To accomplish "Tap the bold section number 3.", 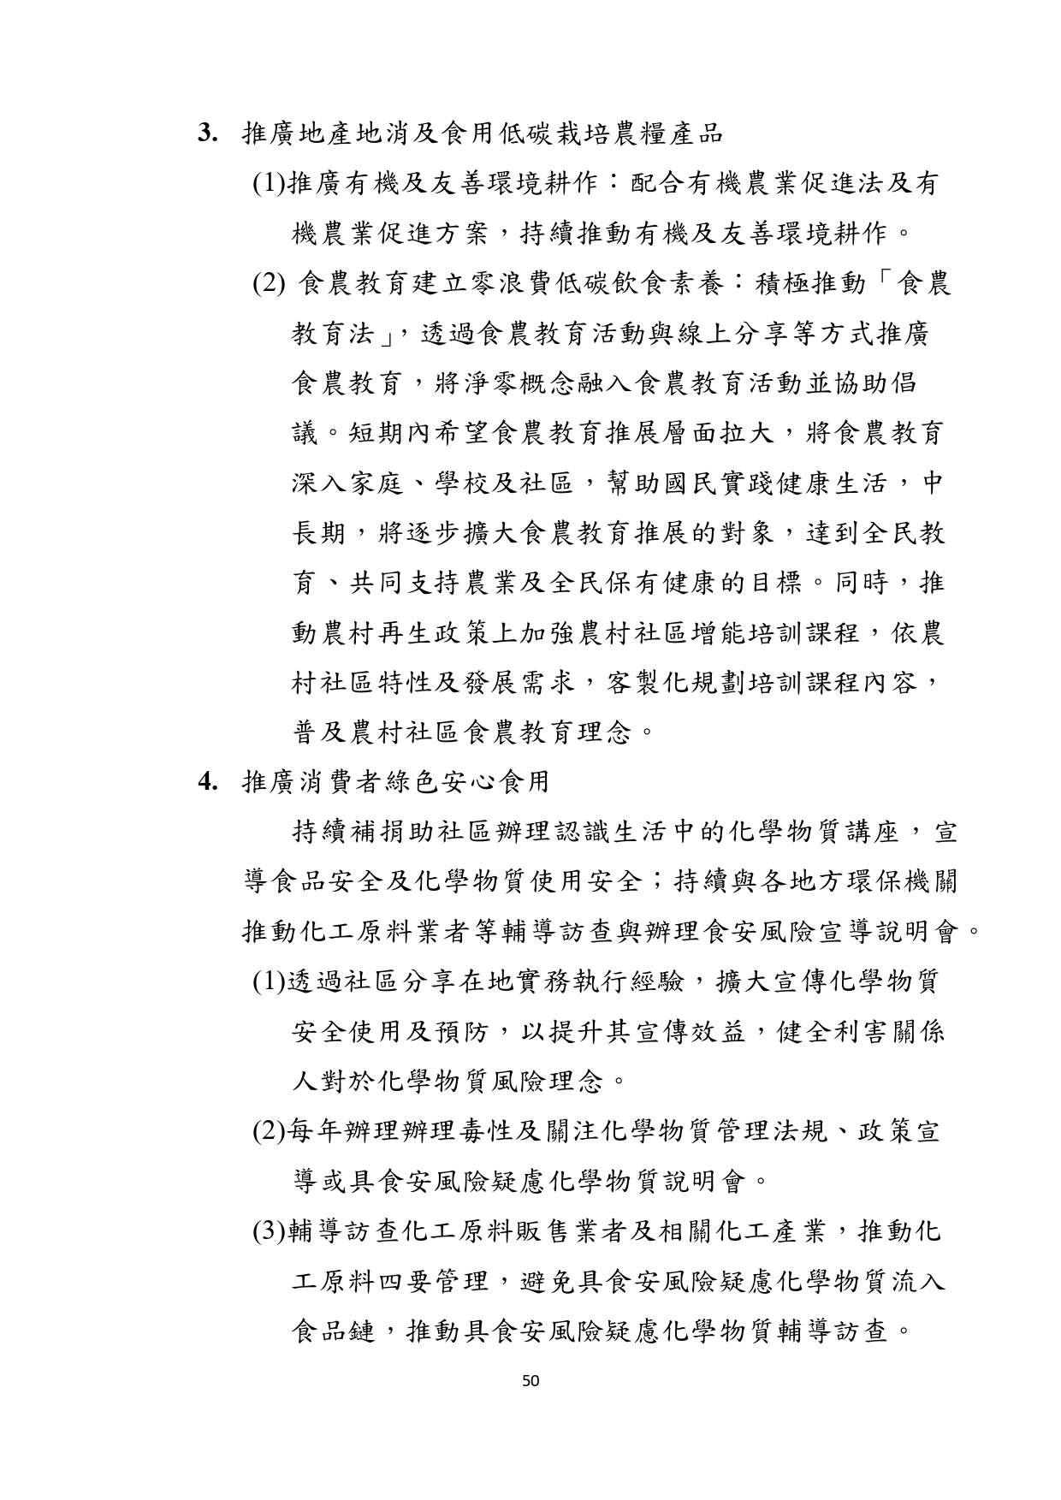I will (207, 133).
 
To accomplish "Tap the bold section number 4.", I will (207, 781).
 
